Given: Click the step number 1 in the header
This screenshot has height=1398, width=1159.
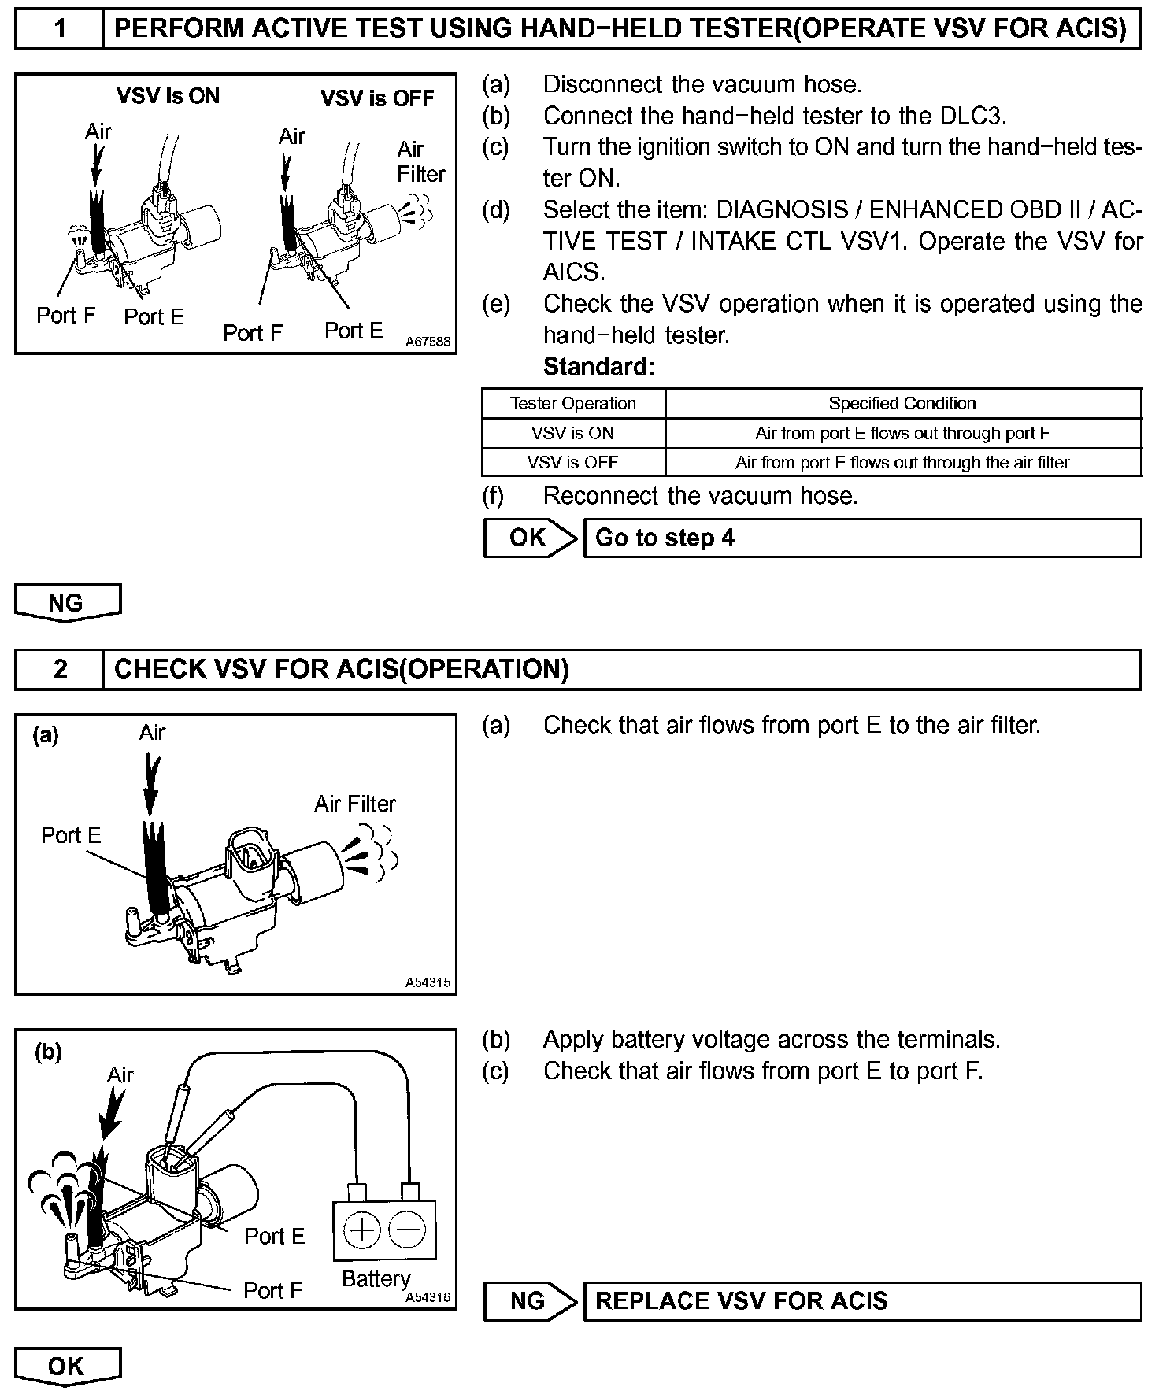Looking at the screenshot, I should click(x=59, y=29).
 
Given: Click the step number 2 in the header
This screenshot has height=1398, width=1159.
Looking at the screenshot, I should click(x=59, y=669).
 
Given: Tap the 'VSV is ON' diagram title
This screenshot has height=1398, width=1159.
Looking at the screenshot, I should click(x=168, y=96).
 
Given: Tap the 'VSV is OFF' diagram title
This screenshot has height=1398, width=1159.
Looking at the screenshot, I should click(x=376, y=98).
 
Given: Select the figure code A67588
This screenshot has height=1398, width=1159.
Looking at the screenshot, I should click(x=428, y=342).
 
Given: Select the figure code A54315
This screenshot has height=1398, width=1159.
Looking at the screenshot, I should click(x=428, y=982).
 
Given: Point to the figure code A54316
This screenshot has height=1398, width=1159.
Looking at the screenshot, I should click(x=428, y=1297).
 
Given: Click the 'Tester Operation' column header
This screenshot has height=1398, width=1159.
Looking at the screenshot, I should click(x=573, y=403).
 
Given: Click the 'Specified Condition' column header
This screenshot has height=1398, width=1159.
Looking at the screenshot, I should click(x=902, y=403).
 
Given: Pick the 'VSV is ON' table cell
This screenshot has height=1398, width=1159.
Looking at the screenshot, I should click(x=573, y=433).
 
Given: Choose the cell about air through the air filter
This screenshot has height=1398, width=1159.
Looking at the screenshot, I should click(x=902, y=462).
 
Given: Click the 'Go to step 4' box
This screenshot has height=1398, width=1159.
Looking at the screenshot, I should click(x=861, y=538).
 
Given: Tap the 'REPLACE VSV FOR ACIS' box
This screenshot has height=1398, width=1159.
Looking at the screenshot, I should click(x=861, y=1300).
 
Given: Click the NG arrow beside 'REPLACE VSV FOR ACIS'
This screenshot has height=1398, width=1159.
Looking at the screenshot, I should click(x=529, y=1300).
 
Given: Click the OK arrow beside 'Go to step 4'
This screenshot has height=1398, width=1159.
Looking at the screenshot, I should click(x=529, y=538).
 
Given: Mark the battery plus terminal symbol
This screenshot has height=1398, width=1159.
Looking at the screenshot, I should click(x=362, y=1230).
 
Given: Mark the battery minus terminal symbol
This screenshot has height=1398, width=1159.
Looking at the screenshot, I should click(x=408, y=1230).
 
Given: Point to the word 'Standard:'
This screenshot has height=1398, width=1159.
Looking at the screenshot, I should click(x=598, y=367).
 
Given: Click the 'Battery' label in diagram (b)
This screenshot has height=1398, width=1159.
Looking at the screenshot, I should click(x=376, y=1278).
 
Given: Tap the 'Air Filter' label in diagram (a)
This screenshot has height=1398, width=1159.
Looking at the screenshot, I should click(x=355, y=804).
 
